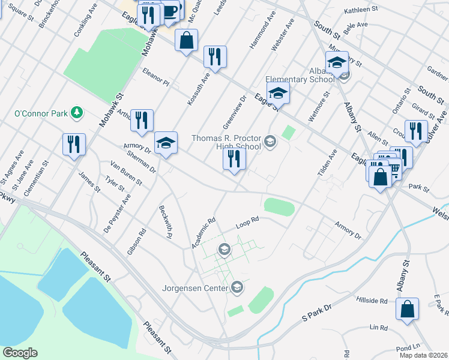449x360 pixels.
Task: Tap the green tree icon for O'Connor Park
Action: (76, 112)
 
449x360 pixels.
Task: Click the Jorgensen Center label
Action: (196, 288)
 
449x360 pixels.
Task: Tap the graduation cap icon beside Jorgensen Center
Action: (237, 288)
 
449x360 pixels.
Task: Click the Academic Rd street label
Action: (203, 233)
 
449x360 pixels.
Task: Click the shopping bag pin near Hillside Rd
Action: (408, 310)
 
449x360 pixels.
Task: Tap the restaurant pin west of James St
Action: (74, 145)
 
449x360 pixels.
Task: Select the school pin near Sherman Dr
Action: (166, 143)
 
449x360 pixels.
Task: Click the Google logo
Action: (20, 353)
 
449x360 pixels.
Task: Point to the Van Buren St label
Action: (126, 173)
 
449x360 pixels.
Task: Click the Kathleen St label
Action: (361, 10)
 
